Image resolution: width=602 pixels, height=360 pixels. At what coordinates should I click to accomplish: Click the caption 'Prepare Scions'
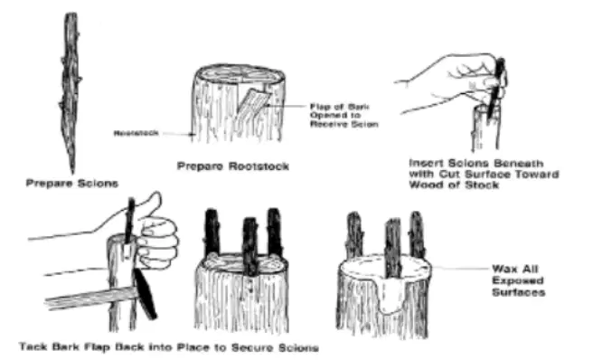[71, 184]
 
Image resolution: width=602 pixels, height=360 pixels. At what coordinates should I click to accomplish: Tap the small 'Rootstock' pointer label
[136, 133]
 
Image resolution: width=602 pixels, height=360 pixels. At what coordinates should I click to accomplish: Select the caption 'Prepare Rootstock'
[233, 166]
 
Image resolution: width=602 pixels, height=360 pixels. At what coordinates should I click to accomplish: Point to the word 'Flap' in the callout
[320, 107]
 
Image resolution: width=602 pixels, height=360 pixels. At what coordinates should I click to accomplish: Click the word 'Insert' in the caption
[424, 164]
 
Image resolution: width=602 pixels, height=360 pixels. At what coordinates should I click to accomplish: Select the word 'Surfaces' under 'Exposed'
[519, 292]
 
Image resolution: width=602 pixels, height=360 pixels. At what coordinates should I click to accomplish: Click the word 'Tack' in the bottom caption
[33, 346]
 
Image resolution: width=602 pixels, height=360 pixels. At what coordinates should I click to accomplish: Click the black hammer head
[146, 294]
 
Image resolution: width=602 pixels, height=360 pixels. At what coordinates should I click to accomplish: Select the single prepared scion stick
[71, 92]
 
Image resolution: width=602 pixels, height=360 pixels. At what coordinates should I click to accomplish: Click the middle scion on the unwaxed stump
[250, 246]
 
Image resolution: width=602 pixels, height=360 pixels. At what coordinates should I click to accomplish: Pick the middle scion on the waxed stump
[393, 248]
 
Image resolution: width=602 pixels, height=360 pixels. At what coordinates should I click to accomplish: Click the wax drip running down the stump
[389, 296]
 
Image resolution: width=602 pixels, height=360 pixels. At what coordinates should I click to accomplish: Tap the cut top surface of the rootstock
[240, 74]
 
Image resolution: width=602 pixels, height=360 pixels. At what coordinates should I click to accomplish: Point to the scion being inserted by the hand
[496, 90]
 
